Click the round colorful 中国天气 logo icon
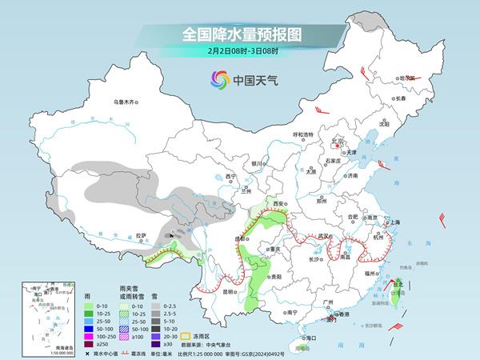[x=219, y=79]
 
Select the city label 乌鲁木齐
[x=126, y=102]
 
